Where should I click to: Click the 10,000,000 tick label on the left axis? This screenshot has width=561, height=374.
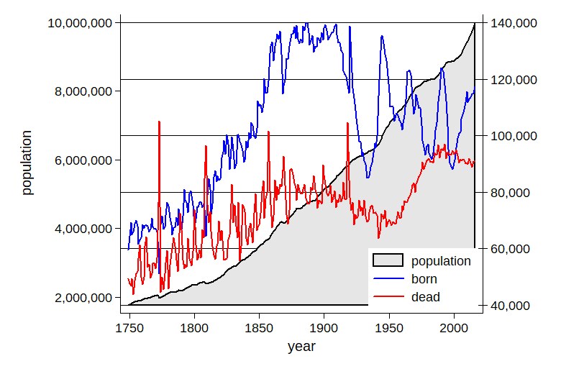(x=79, y=23)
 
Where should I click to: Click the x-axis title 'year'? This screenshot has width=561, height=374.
(x=301, y=347)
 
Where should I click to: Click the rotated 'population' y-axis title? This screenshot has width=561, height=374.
(x=27, y=163)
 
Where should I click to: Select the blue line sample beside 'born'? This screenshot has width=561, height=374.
(x=388, y=279)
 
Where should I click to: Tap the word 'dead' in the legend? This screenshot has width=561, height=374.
(x=426, y=296)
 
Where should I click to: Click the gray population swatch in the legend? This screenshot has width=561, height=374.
(x=388, y=261)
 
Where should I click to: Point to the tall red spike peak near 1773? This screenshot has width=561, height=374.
(x=159, y=122)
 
